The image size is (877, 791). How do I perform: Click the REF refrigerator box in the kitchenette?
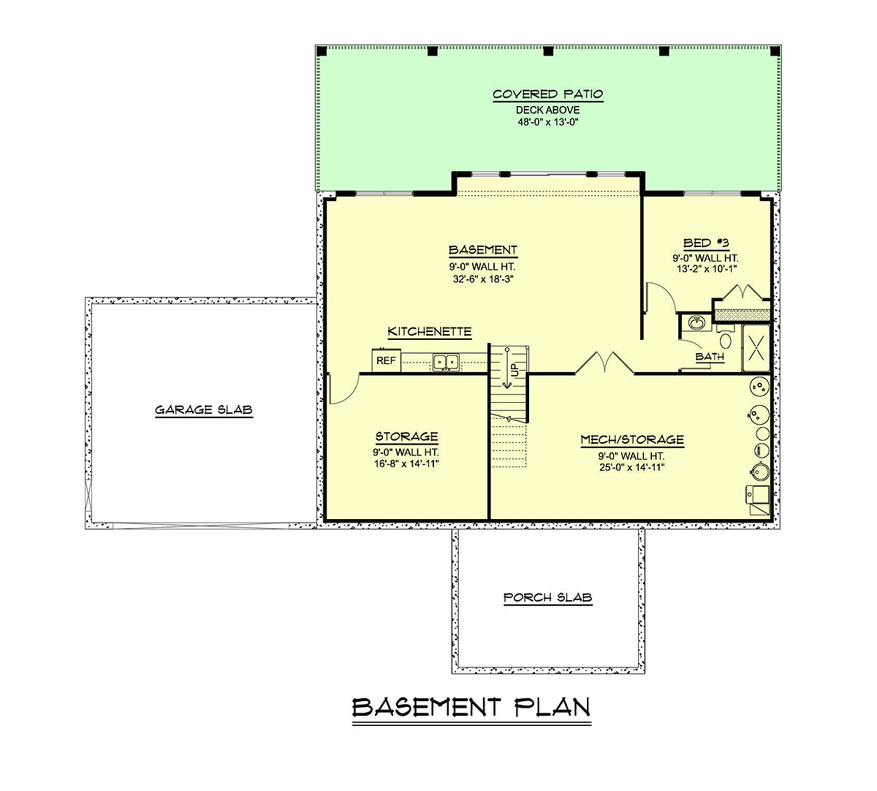387,360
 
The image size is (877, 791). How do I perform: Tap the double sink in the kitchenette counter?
446,363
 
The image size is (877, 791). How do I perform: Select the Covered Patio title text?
548,94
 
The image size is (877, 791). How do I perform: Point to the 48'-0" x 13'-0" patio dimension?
548,122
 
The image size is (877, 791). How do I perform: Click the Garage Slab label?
204,410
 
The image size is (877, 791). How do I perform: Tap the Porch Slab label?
548,597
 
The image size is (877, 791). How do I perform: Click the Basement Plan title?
471,708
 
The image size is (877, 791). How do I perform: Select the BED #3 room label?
706,243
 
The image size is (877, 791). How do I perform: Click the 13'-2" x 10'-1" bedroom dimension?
707,269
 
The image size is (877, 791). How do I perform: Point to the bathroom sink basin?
696,323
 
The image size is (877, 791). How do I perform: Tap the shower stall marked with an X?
756,348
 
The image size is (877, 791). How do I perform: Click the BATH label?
710,357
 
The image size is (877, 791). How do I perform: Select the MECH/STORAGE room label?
632,440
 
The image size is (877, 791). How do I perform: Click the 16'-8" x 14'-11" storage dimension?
406,463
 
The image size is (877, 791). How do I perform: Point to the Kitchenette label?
430,332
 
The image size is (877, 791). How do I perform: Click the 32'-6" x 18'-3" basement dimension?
483,279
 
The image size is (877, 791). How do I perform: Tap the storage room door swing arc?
349,393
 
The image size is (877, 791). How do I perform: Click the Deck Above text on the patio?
548,110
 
